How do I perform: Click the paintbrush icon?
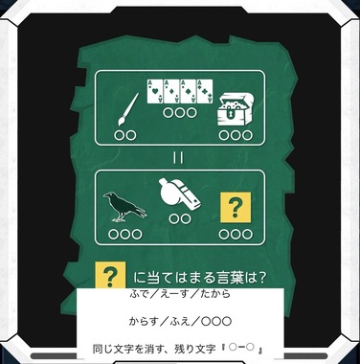point(128,109)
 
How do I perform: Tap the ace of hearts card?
point(155,91)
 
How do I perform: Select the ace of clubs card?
point(205,91)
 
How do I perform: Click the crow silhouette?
point(124,207)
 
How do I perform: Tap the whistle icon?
point(179,193)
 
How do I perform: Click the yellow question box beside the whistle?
point(236,207)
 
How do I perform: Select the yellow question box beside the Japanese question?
point(110,275)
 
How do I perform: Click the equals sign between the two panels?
point(178,158)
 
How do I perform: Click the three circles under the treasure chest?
point(236,135)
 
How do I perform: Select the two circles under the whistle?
point(180,218)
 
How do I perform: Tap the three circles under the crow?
point(125,235)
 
